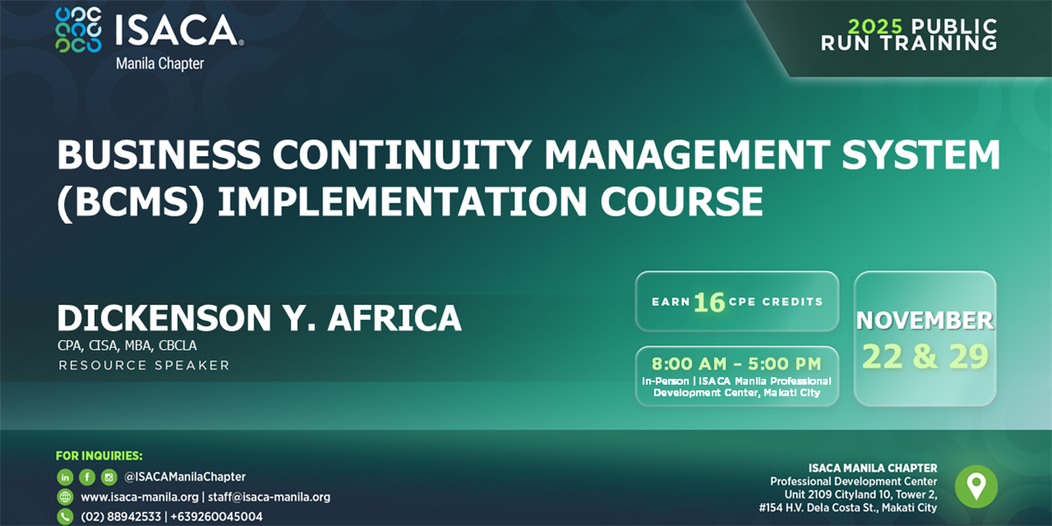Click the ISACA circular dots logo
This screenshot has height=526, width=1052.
coord(78,30)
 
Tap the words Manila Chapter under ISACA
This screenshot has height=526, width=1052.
coord(160,63)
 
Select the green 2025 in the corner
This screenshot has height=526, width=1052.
coord(876,26)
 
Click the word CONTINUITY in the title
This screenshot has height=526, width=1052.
coord(402,154)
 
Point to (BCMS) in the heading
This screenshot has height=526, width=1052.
coord(131,202)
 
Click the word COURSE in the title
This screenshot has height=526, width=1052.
coord(682,201)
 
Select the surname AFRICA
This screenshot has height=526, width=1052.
coord(394,318)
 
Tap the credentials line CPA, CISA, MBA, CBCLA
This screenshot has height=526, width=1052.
coord(127,345)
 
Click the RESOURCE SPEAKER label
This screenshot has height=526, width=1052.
coord(144,366)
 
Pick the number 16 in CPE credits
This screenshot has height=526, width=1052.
coord(709,302)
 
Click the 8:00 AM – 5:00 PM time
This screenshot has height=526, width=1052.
coord(736,364)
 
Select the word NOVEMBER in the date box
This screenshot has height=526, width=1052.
coord(925,320)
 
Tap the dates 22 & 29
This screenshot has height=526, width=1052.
coord(925,357)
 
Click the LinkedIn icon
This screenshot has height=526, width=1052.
coord(65,477)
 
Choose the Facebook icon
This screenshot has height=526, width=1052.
coord(87,477)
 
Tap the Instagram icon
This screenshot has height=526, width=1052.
coord(109,477)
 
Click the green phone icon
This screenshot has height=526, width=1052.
coord(65,516)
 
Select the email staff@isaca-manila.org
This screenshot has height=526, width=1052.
coord(269,497)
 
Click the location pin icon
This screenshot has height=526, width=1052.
coord(977,487)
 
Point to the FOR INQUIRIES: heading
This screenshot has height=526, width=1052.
coord(99,456)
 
